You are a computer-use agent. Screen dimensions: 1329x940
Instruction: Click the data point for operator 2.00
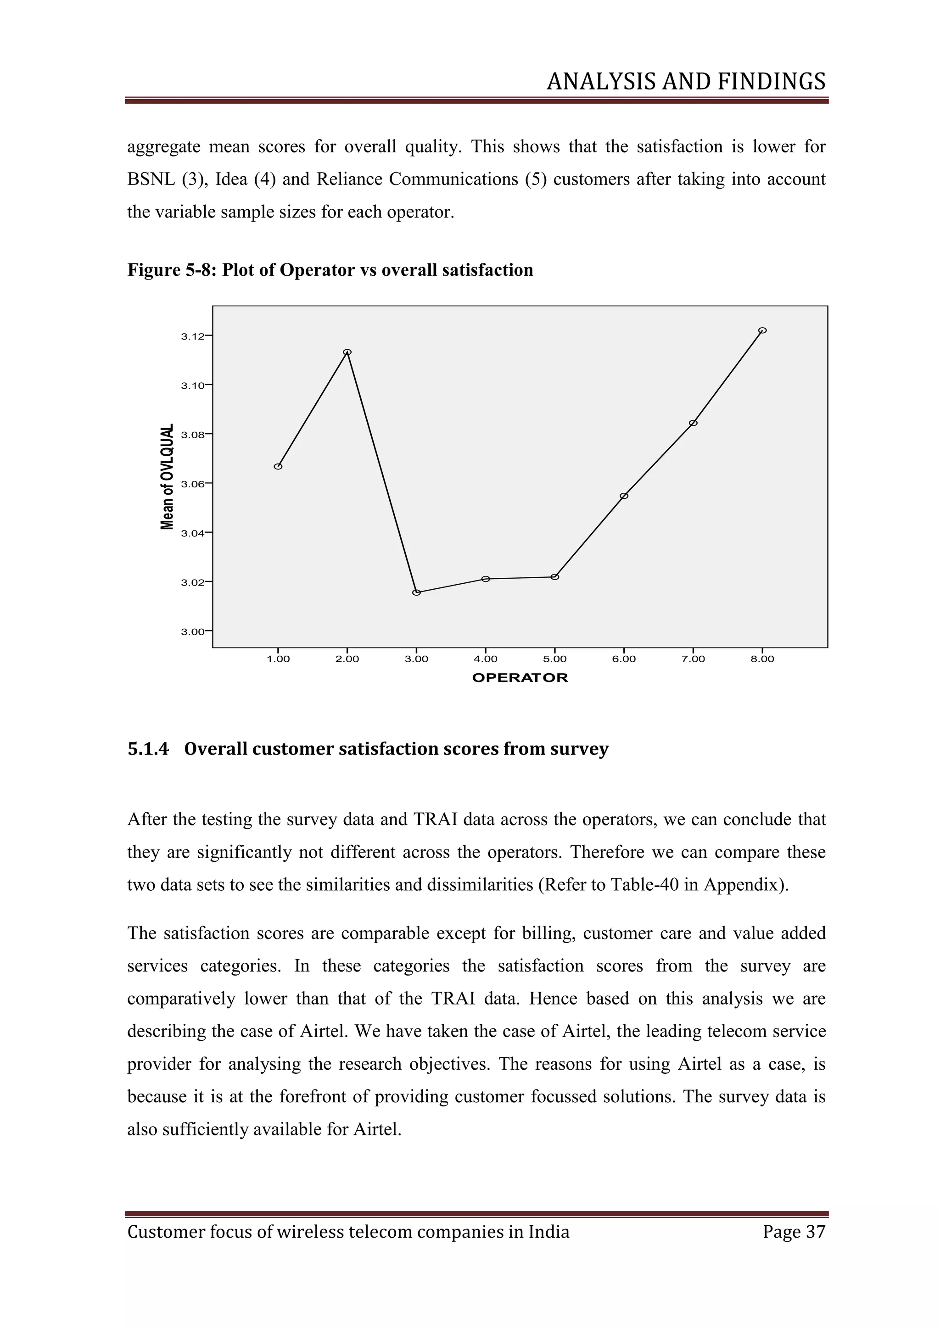347,352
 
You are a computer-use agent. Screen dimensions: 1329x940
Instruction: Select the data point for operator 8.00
762,330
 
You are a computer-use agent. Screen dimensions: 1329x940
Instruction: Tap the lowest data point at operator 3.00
416,592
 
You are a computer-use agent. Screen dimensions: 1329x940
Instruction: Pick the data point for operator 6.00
624,496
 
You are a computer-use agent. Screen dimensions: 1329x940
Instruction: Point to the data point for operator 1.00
278,466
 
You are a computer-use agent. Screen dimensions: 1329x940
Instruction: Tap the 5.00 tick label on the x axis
554,659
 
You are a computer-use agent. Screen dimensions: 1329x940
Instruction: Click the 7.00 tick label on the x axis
693,659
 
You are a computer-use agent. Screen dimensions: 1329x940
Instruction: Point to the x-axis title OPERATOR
520,678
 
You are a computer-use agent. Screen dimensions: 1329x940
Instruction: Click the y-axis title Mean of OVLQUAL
167,476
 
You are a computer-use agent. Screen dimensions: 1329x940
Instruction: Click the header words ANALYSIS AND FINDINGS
686,82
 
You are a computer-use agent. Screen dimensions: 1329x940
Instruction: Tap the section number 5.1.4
148,749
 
